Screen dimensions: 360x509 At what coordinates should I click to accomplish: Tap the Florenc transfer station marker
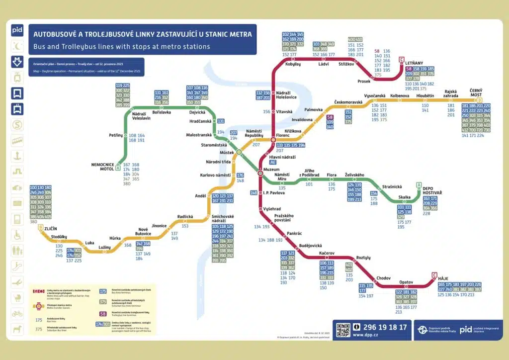click(x=273, y=140)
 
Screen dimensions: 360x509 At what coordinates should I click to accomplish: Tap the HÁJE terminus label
click(x=443, y=277)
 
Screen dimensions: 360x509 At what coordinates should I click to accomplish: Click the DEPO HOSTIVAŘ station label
click(x=432, y=190)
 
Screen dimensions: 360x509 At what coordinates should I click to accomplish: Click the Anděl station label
click(x=200, y=196)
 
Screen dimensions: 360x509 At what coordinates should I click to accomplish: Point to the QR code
click(x=344, y=330)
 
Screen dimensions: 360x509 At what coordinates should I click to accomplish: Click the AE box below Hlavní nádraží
click(x=272, y=162)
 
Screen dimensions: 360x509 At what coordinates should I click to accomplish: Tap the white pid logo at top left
click(x=17, y=30)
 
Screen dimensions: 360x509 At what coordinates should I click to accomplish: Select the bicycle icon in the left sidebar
click(x=17, y=313)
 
